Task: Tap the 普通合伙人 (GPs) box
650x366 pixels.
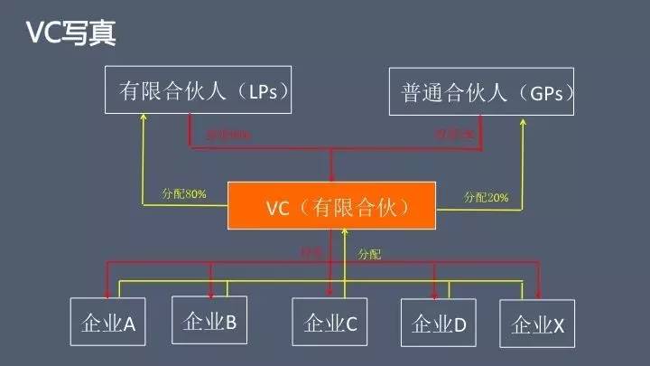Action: tap(481, 90)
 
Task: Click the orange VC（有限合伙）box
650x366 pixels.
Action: tap(331, 206)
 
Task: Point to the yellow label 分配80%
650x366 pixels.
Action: tap(184, 193)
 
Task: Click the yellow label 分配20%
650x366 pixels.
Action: tap(486, 196)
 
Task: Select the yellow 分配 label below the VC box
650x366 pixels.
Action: tap(369, 255)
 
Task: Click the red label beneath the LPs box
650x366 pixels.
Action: tap(228, 135)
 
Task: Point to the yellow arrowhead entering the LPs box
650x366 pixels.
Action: tap(143, 120)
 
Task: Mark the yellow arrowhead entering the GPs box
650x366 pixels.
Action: tap(522, 120)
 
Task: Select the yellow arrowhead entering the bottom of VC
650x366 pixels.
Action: tap(345, 233)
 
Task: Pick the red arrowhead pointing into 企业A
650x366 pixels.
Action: tap(108, 293)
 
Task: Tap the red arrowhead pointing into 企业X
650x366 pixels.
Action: tap(540, 293)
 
